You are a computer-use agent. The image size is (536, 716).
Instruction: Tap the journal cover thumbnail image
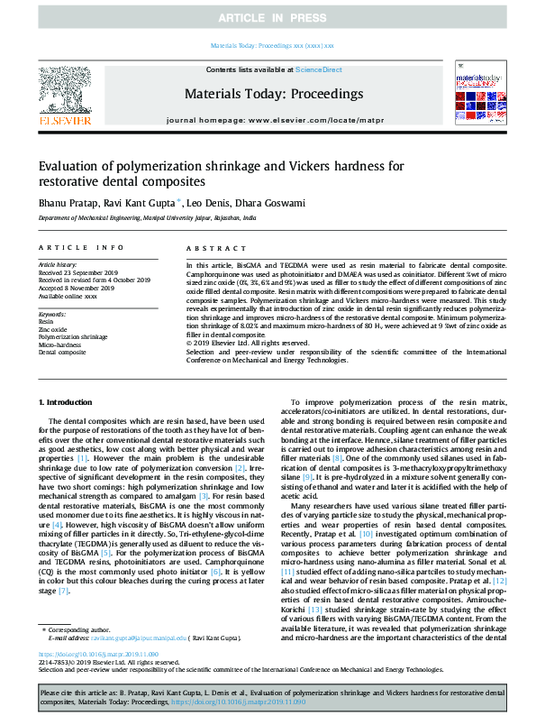click(477, 93)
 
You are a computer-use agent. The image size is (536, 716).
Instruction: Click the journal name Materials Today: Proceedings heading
click(273, 94)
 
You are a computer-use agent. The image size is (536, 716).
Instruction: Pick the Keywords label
click(52, 313)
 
